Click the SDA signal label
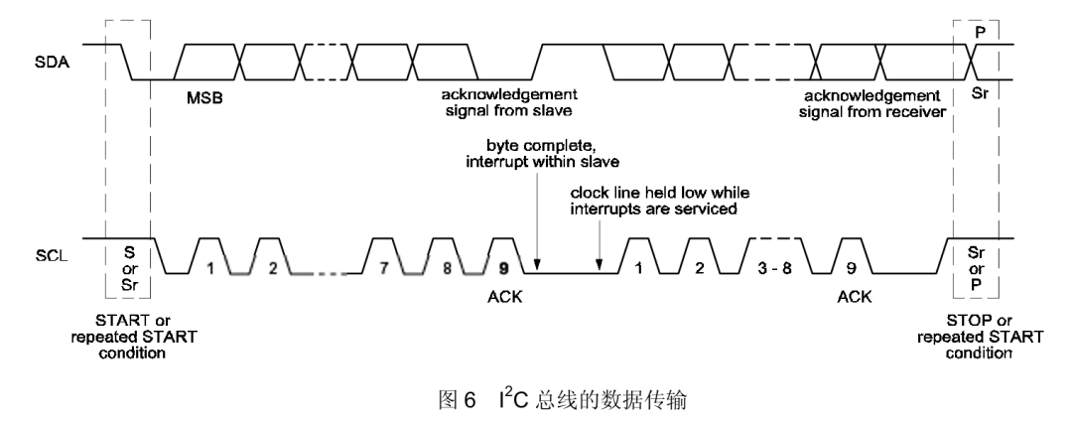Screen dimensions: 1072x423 [x=49, y=62]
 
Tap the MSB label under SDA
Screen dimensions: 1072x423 [x=205, y=98]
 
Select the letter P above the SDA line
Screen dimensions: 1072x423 [x=980, y=33]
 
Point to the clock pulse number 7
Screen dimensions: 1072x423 [x=383, y=268]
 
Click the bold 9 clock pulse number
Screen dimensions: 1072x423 [x=504, y=269]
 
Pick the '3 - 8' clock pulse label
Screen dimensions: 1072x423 [x=774, y=268]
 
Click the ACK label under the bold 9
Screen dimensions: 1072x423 [x=504, y=296]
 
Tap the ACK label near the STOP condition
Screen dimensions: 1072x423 [x=855, y=296]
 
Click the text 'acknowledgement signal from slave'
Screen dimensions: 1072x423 [x=508, y=101]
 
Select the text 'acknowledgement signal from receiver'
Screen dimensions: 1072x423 [x=872, y=102]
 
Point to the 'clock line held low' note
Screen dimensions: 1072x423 [x=660, y=201]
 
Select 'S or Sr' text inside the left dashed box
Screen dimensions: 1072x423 [x=129, y=268]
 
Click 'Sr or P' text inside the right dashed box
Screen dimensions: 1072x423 [x=977, y=268]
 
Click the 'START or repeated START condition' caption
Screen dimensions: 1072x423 [x=133, y=337]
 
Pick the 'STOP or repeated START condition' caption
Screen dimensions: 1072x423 [x=980, y=337]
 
